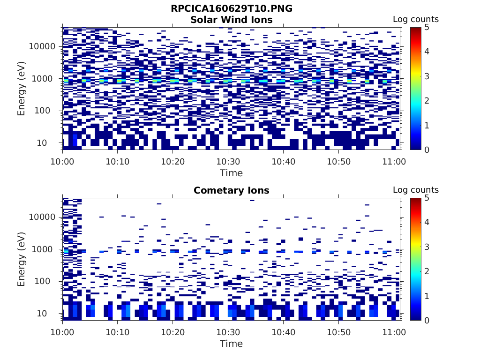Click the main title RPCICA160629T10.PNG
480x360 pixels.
232,9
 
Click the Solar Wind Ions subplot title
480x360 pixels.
232,20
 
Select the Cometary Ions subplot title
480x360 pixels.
232,190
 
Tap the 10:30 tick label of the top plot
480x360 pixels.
228,161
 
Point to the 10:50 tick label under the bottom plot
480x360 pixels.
338,332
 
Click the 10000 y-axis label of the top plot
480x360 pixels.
42,46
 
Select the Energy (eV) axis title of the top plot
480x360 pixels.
22,89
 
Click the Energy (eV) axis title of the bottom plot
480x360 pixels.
22,259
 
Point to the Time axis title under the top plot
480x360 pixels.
232,173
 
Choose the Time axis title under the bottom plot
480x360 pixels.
232,344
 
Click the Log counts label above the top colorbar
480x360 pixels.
416,19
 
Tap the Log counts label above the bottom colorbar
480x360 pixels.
416,190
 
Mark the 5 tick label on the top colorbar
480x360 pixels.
427,27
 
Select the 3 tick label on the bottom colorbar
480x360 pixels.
427,247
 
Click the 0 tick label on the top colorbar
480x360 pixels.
427,150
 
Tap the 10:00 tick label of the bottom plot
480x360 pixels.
62,332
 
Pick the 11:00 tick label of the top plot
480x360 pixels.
394,161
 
